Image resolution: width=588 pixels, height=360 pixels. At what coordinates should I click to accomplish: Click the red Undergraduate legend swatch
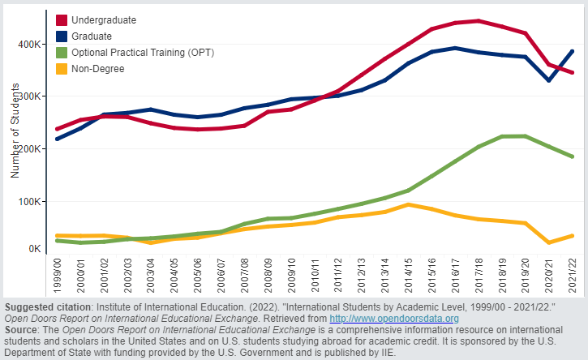coord(62,19)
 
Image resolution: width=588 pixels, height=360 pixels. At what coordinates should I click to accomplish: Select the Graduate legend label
coord(92,36)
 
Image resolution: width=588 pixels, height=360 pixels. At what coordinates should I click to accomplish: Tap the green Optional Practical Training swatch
coord(62,53)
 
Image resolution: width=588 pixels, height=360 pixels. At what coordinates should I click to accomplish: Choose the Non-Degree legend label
coord(98,70)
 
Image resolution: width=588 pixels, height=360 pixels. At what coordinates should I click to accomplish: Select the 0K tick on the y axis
coord(34,249)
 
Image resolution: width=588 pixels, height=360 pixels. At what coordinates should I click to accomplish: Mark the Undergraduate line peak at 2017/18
coord(479,21)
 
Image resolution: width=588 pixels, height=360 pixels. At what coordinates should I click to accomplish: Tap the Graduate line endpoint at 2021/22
coord(573,51)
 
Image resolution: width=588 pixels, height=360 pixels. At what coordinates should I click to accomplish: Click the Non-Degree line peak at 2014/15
coord(411,204)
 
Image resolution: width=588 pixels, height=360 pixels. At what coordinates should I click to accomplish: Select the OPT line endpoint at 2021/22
coord(573,156)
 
